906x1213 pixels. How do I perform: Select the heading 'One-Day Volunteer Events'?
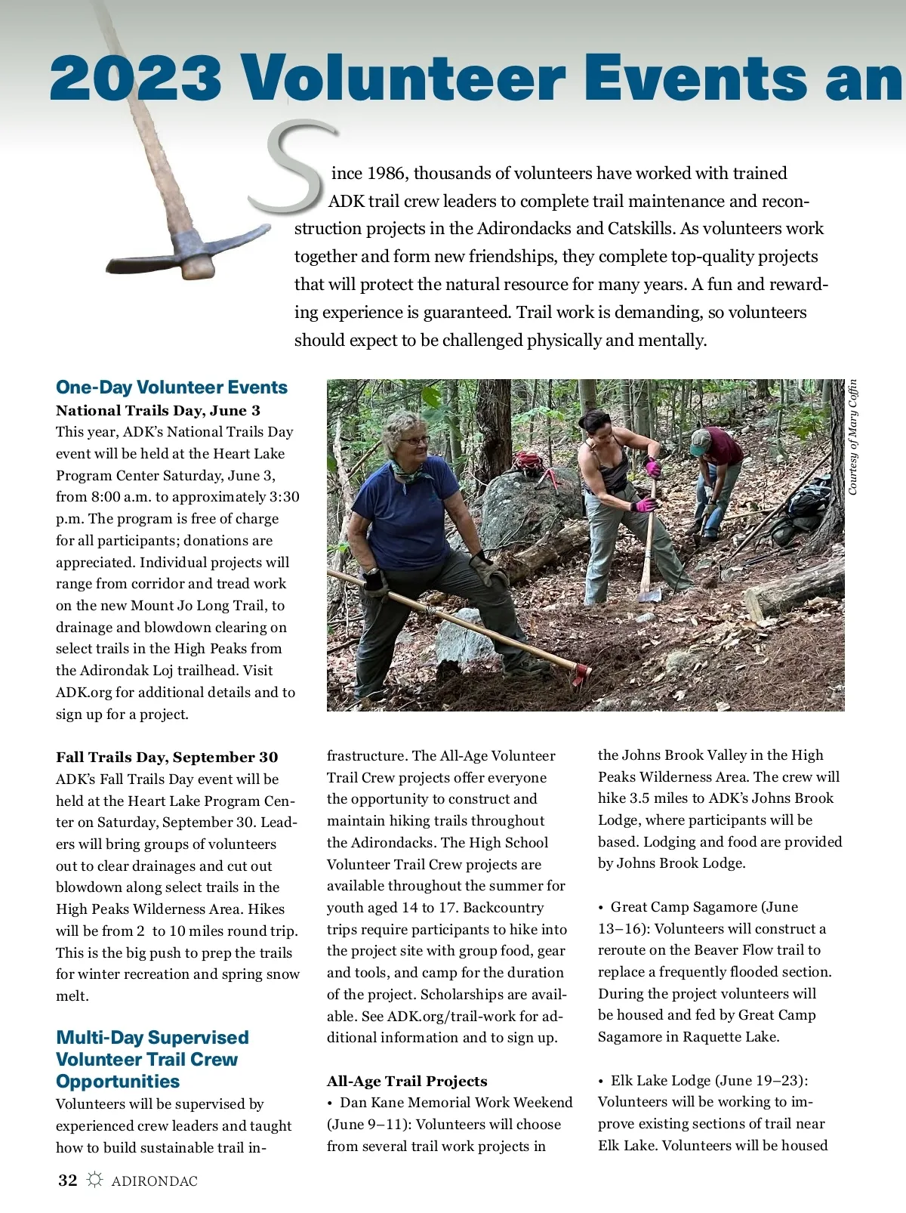pos(171,387)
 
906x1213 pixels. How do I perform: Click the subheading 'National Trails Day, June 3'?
pos(158,411)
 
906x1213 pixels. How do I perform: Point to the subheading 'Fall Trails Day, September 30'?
pos(167,758)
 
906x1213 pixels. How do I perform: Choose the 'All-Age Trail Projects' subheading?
pos(407,1082)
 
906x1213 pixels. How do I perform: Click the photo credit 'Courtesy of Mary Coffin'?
pos(853,437)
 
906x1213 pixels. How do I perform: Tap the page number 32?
pos(68,1181)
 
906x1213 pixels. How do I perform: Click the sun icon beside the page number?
pos(94,1181)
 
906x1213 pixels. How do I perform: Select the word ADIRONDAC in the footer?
pos(154,1181)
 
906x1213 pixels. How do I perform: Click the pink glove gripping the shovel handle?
pos(644,505)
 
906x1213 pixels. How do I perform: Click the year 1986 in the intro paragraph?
pos(388,174)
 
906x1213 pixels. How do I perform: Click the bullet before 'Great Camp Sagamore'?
pos(601,907)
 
